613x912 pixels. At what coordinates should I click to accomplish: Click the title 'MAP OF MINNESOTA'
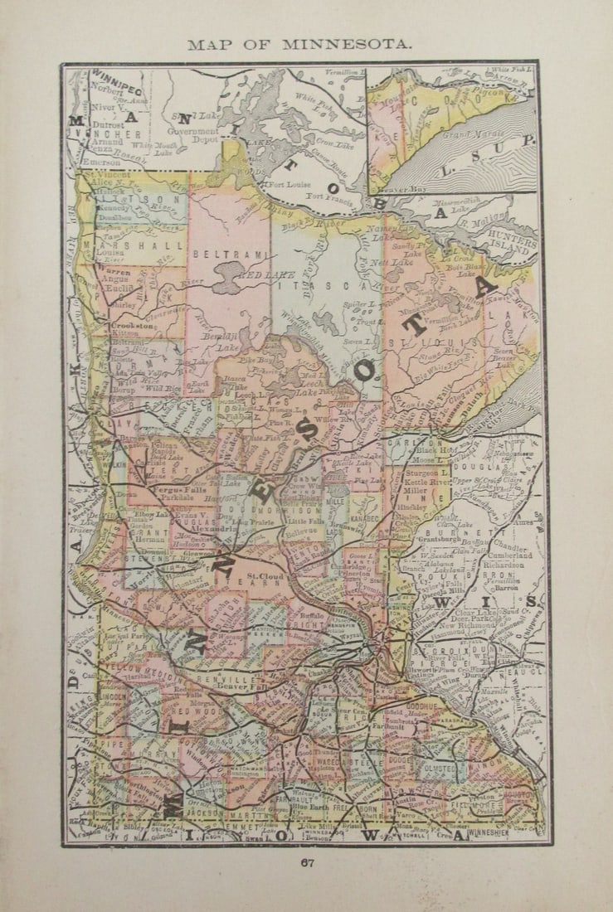pyautogui.click(x=299, y=45)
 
